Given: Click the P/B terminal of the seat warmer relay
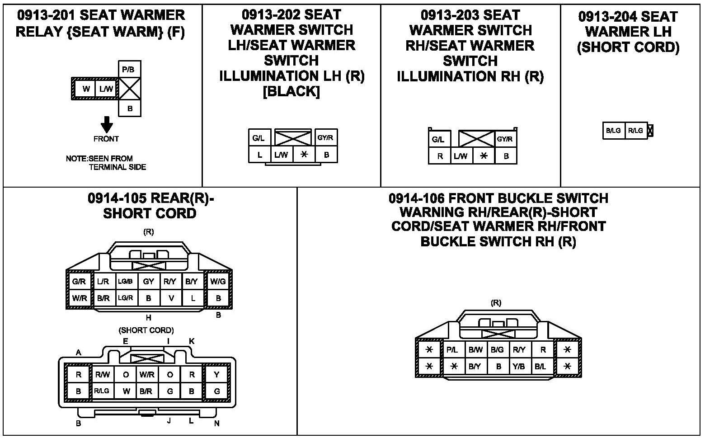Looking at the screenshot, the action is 129,70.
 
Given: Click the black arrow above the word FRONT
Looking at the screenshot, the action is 107,124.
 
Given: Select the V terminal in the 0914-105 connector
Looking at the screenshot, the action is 171,298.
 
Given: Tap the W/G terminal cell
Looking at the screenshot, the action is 218,281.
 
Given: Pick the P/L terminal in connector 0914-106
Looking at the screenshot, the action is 452,349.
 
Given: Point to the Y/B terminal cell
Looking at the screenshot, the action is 519,367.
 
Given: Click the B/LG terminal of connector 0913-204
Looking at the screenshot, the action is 613,131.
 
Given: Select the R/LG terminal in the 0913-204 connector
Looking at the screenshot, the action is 635,131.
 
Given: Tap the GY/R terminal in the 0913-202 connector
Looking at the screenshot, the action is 325,137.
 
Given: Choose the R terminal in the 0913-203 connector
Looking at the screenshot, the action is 440,156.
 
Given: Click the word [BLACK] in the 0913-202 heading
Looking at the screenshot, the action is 291,91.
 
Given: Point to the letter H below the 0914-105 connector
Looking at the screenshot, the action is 149,318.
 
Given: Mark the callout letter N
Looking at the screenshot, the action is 217,424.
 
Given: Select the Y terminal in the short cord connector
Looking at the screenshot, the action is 217,374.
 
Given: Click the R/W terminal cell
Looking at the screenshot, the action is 103,374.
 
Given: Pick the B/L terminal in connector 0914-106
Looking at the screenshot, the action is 540,367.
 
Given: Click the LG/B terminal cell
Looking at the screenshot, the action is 125,281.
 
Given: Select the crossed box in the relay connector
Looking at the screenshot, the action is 130,89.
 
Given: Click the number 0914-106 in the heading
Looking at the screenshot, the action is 416,198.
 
